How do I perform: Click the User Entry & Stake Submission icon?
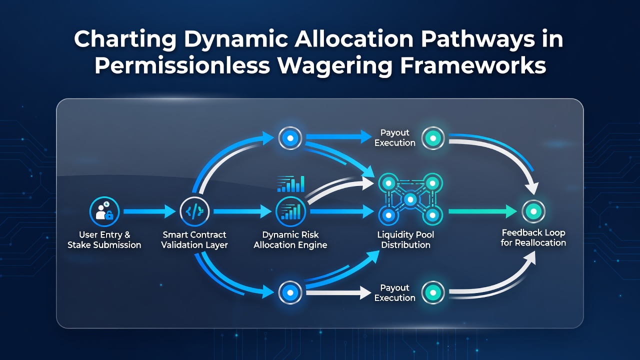[104, 211]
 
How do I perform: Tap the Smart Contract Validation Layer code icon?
[194, 211]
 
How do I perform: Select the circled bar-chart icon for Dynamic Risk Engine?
[290, 211]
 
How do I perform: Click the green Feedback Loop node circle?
[533, 211]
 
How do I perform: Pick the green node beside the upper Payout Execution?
[433, 138]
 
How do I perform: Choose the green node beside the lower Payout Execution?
[433, 292]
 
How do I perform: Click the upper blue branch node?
[290, 138]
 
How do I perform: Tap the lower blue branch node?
[290, 292]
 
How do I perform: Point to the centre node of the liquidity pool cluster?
[410, 199]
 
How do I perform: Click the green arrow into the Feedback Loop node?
[483, 211]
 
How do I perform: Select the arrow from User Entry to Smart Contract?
[149, 211]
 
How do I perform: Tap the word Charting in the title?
[125, 39]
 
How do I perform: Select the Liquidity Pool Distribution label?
[405, 239]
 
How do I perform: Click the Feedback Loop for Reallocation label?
[533, 237]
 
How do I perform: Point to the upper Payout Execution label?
[395, 137]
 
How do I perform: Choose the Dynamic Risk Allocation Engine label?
[290, 239]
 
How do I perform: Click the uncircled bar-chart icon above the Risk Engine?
[291, 183]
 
